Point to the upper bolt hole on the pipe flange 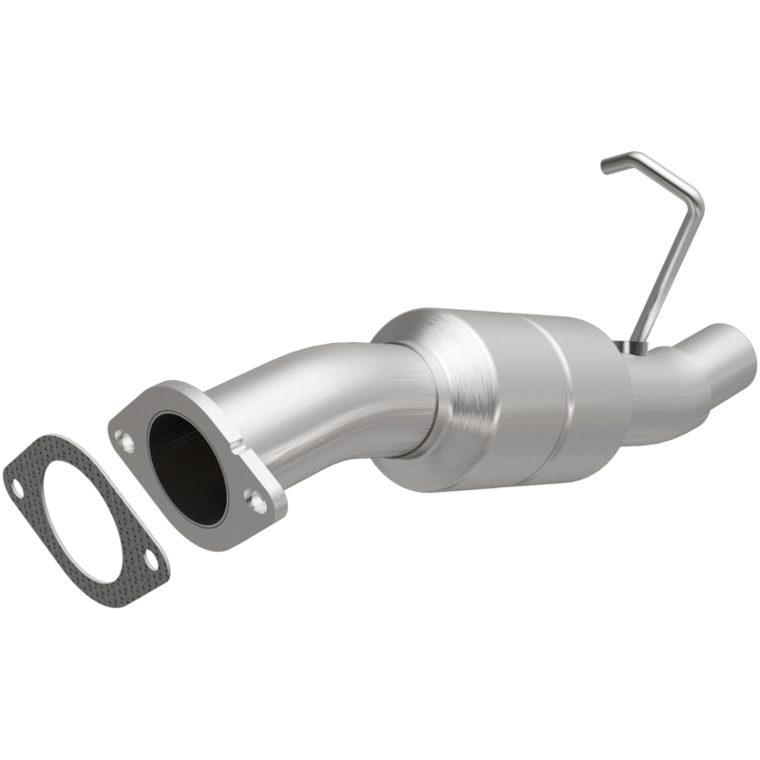click(123, 439)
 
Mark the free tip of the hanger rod click(606, 167)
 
